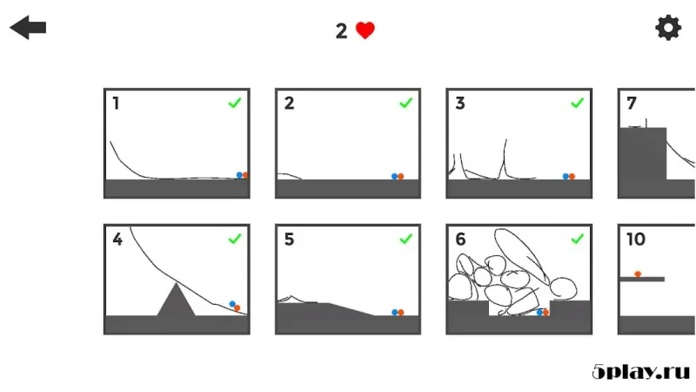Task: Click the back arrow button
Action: tap(28, 28)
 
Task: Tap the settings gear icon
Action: tap(668, 28)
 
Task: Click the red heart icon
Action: tap(365, 30)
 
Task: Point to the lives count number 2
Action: tap(342, 31)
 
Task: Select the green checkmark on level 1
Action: tap(234, 103)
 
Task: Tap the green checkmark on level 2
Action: tap(405, 103)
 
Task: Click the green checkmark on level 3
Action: tap(577, 103)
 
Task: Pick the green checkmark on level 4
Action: tap(234, 239)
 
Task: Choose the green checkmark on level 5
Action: tap(405, 239)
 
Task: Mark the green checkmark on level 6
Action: tap(577, 239)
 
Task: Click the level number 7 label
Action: tap(632, 104)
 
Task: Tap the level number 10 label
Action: tap(635, 240)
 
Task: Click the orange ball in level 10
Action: tap(638, 274)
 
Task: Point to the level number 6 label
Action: tap(460, 240)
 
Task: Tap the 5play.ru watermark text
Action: tap(640, 372)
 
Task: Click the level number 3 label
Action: tap(460, 104)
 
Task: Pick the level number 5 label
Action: tap(289, 240)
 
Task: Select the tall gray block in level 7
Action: tap(642, 161)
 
